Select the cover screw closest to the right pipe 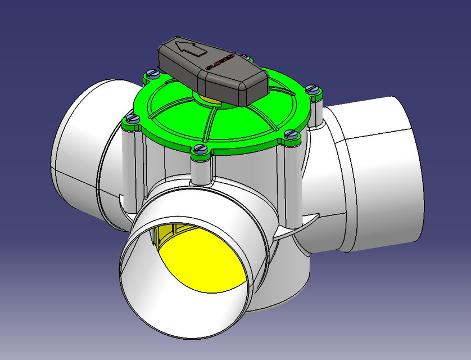click(290, 134)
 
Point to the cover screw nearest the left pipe click(132, 118)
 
